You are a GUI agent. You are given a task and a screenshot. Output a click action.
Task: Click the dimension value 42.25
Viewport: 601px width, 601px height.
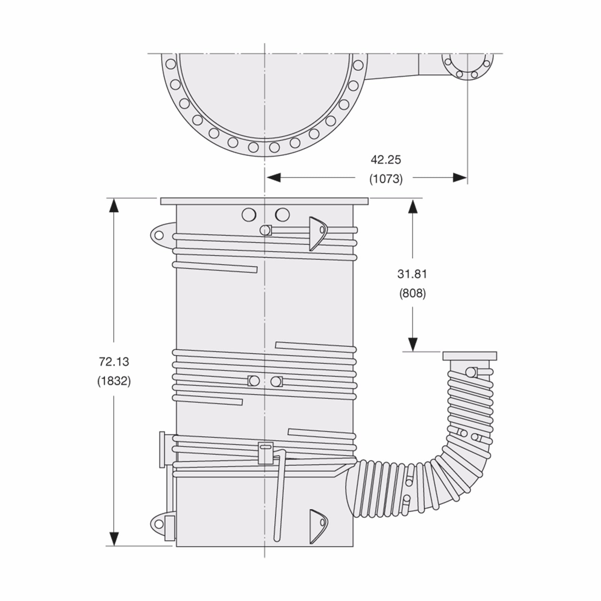[386, 160]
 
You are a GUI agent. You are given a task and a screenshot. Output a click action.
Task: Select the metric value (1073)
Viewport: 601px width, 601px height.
[386, 179]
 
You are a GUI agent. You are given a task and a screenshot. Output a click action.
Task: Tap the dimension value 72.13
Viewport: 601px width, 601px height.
[114, 362]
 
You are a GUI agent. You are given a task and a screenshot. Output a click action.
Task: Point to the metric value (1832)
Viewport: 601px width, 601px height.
[114, 381]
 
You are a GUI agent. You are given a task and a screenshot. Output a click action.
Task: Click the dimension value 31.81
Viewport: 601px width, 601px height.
[412, 274]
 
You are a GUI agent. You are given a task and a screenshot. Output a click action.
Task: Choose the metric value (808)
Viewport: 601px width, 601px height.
[412, 293]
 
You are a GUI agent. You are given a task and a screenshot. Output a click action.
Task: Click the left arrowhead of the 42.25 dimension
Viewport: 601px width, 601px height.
[273, 177]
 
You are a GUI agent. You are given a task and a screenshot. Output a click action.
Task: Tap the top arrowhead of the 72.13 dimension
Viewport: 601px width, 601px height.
[114, 205]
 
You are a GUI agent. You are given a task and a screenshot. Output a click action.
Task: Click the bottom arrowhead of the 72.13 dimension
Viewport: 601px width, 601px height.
[114, 539]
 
